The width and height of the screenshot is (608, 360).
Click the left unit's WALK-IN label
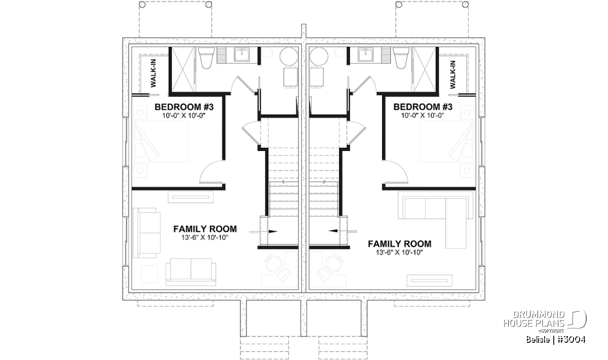click(x=154, y=73)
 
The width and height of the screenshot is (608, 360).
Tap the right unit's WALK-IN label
click(x=452, y=74)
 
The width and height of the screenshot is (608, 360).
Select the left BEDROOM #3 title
click(x=184, y=107)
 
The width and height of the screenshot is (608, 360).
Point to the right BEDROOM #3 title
click(x=423, y=107)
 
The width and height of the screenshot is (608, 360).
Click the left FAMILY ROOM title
click(x=205, y=229)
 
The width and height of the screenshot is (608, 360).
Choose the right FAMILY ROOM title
click(x=400, y=244)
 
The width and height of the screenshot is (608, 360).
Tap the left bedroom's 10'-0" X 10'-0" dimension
click(x=184, y=115)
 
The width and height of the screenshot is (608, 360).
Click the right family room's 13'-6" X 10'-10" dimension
click(x=399, y=253)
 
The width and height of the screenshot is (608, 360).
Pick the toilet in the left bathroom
click(x=206, y=58)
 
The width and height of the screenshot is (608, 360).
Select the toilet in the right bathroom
click(x=401, y=58)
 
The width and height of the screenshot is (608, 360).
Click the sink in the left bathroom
click(x=242, y=55)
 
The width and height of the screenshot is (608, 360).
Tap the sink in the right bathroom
click(x=365, y=55)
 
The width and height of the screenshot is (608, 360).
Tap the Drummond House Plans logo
click(x=545, y=322)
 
